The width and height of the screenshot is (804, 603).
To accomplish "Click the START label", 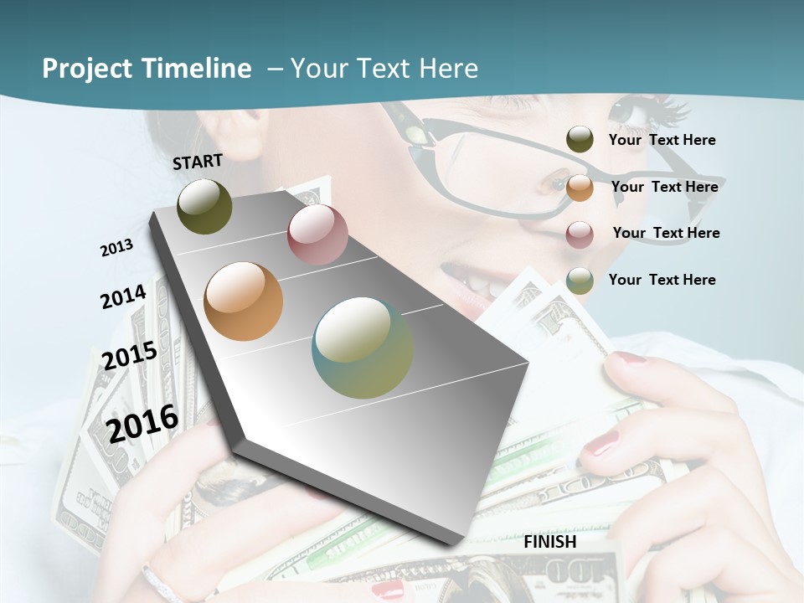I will point(198,162).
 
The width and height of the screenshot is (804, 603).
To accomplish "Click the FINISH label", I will point(550,542).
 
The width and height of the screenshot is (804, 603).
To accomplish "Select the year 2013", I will point(116,248).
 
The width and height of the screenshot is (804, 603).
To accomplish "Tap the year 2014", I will point(123,297).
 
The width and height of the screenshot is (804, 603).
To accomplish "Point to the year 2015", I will point(129,356).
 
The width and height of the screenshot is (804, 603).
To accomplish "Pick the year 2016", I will point(142,424).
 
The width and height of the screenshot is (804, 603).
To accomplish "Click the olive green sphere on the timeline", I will point(204,206).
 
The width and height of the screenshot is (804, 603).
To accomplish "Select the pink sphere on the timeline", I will point(317,234).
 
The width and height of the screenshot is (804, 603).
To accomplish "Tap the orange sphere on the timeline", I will point(243,301).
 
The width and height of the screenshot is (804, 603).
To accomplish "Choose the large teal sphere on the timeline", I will point(363,348).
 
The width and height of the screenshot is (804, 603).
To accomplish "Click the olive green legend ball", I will point(580,139).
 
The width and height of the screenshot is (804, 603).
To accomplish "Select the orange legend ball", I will point(580,187).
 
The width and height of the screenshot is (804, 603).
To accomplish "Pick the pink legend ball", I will point(580,234).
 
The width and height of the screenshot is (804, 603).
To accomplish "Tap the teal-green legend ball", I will point(580,281).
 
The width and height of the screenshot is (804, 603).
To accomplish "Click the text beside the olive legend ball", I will point(662,140).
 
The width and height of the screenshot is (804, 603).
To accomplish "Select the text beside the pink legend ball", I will point(666,233).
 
